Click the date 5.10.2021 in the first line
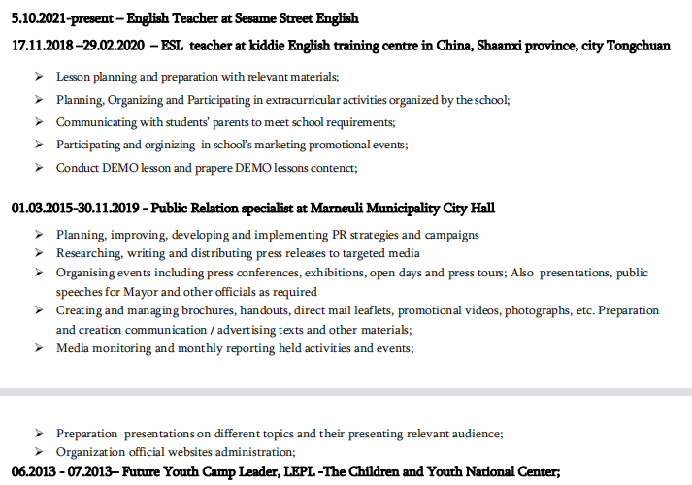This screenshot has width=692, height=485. click(39, 17)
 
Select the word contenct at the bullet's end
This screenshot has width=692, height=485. click(332, 167)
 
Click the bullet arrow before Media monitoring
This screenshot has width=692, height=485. click(37, 348)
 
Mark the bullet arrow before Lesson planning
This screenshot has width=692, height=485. click(37, 77)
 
